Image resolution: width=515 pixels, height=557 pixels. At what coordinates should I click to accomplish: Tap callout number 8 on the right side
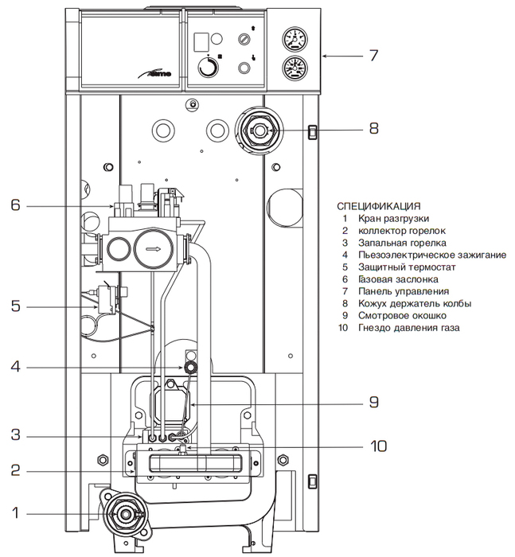point(373,127)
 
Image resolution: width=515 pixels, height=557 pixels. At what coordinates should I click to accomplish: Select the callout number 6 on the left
point(14,205)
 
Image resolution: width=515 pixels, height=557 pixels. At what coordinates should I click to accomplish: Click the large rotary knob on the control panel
point(209,68)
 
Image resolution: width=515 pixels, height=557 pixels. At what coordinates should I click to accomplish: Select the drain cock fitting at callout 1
point(126,514)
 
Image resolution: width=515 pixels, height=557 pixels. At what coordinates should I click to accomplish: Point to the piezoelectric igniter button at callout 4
point(191,367)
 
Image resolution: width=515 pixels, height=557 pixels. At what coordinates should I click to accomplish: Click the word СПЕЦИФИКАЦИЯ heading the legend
point(379,205)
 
